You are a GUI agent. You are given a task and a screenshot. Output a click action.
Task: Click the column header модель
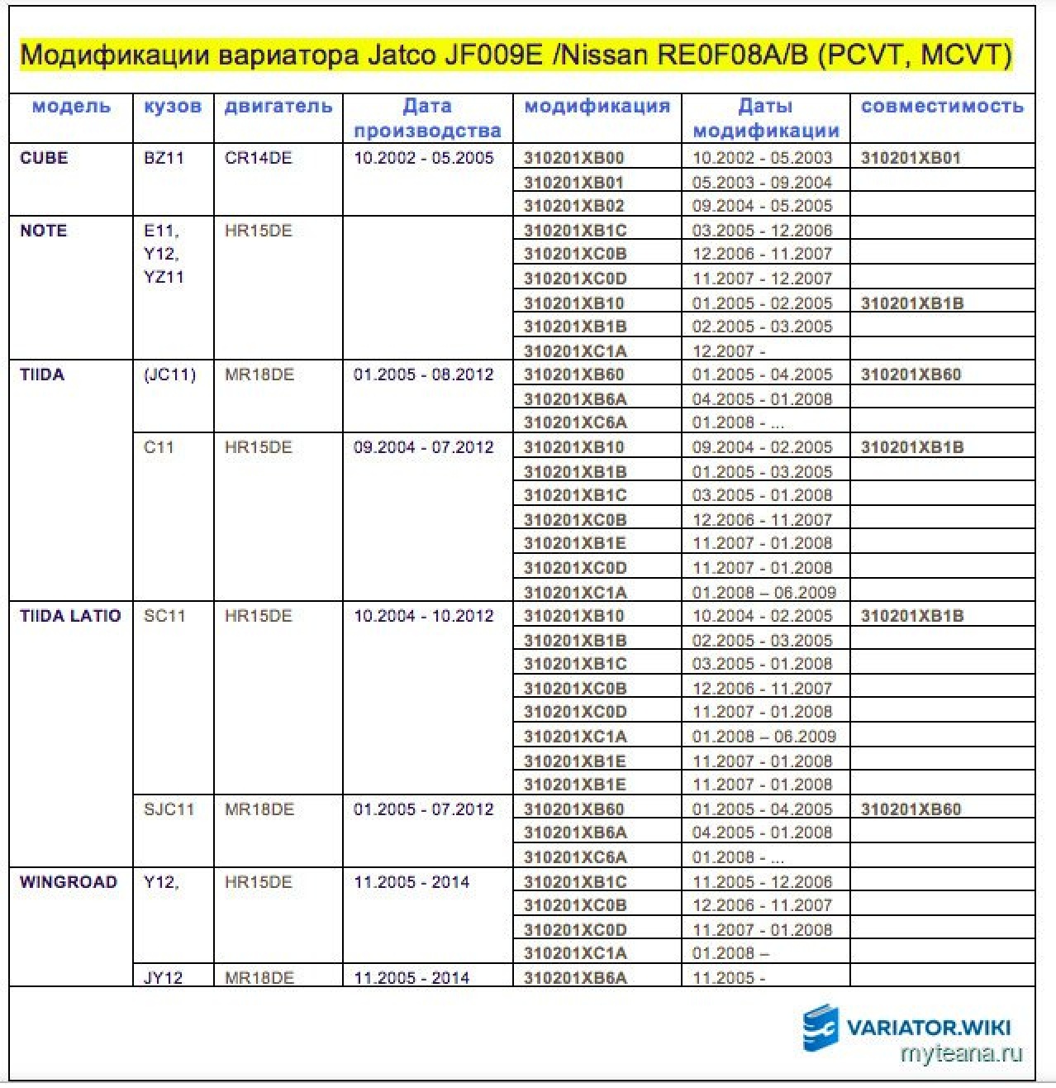pyautogui.click(x=71, y=107)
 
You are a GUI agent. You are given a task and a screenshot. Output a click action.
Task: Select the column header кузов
pyautogui.click(x=172, y=107)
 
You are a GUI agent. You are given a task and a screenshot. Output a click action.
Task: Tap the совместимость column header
pyautogui.click(x=942, y=107)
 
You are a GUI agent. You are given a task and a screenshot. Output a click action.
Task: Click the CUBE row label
pyautogui.click(x=44, y=158)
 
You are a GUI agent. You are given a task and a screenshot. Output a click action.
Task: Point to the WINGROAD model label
pyautogui.click(x=69, y=882)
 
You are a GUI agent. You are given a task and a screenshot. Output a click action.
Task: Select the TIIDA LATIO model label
pyautogui.click(x=70, y=616)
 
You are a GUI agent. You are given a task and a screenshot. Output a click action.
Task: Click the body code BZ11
pyautogui.click(x=164, y=158)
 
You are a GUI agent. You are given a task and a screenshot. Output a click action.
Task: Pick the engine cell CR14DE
pyautogui.click(x=258, y=158)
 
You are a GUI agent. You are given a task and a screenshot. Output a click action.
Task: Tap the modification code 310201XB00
pyautogui.click(x=574, y=158)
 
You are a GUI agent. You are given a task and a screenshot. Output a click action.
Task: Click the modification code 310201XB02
pyautogui.click(x=574, y=206)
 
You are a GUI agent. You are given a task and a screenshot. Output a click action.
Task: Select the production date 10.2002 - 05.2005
pyautogui.click(x=424, y=158)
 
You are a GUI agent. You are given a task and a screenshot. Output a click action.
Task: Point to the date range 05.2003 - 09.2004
pyautogui.click(x=762, y=183)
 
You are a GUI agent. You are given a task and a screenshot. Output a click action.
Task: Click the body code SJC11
pyautogui.click(x=169, y=809)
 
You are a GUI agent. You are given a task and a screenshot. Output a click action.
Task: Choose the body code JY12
pyautogui.click(x=163, y=978)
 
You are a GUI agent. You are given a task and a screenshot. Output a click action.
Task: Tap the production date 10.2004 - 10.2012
pyautogui.click(x=424, y=616)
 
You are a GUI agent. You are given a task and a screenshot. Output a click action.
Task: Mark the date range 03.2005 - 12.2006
pyautogui.click(x=762, y=231)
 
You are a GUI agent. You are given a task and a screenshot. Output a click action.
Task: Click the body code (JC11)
pyautogui.click(x=169, y=375)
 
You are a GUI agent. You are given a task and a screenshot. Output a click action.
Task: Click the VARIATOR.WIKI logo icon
pyautogui.click(x=820, y=1028)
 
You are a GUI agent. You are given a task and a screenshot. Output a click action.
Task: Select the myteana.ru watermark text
pyautogui.click(x=961, y=1054)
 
